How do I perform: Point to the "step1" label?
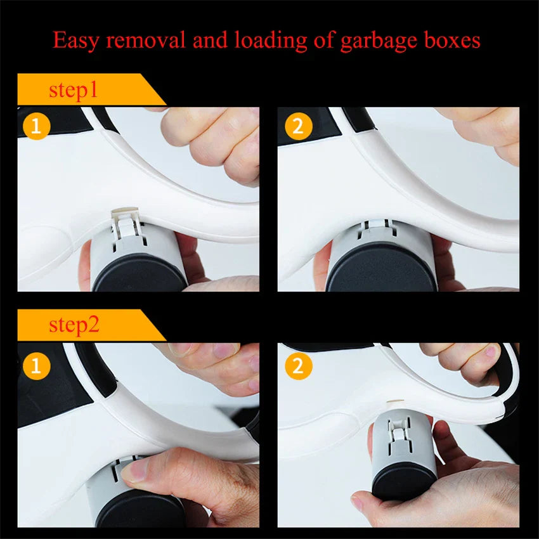[74, 90]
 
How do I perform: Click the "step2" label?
[74, 326]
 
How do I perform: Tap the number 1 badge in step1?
[36, 126]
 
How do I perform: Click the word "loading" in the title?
[269, 41]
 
